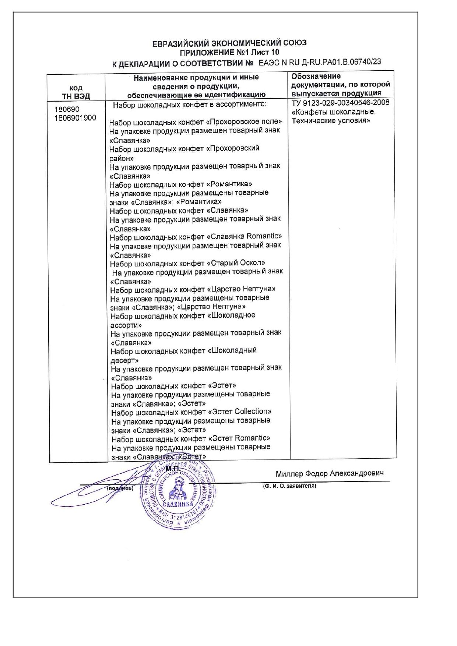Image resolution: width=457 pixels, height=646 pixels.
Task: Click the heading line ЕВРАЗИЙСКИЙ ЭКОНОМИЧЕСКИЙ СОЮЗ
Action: click(229, 43)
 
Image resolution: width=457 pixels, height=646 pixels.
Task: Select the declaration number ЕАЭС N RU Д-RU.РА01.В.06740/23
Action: click(320, 62)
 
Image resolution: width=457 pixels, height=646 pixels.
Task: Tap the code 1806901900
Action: click(75, 118)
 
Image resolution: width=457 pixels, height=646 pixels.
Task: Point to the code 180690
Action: click(67, 109)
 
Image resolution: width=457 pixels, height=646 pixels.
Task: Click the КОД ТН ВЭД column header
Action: click(76, 92)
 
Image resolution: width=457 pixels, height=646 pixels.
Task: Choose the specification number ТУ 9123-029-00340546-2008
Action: click(340, 103)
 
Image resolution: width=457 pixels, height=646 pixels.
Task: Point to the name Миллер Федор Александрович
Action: click(330, 473)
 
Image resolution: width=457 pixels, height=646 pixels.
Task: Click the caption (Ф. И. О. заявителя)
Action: click(289, 486)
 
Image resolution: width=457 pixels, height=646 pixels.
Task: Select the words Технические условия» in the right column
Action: click(331, 121)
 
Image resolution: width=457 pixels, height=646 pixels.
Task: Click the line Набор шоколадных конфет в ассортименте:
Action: click(190, 105)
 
